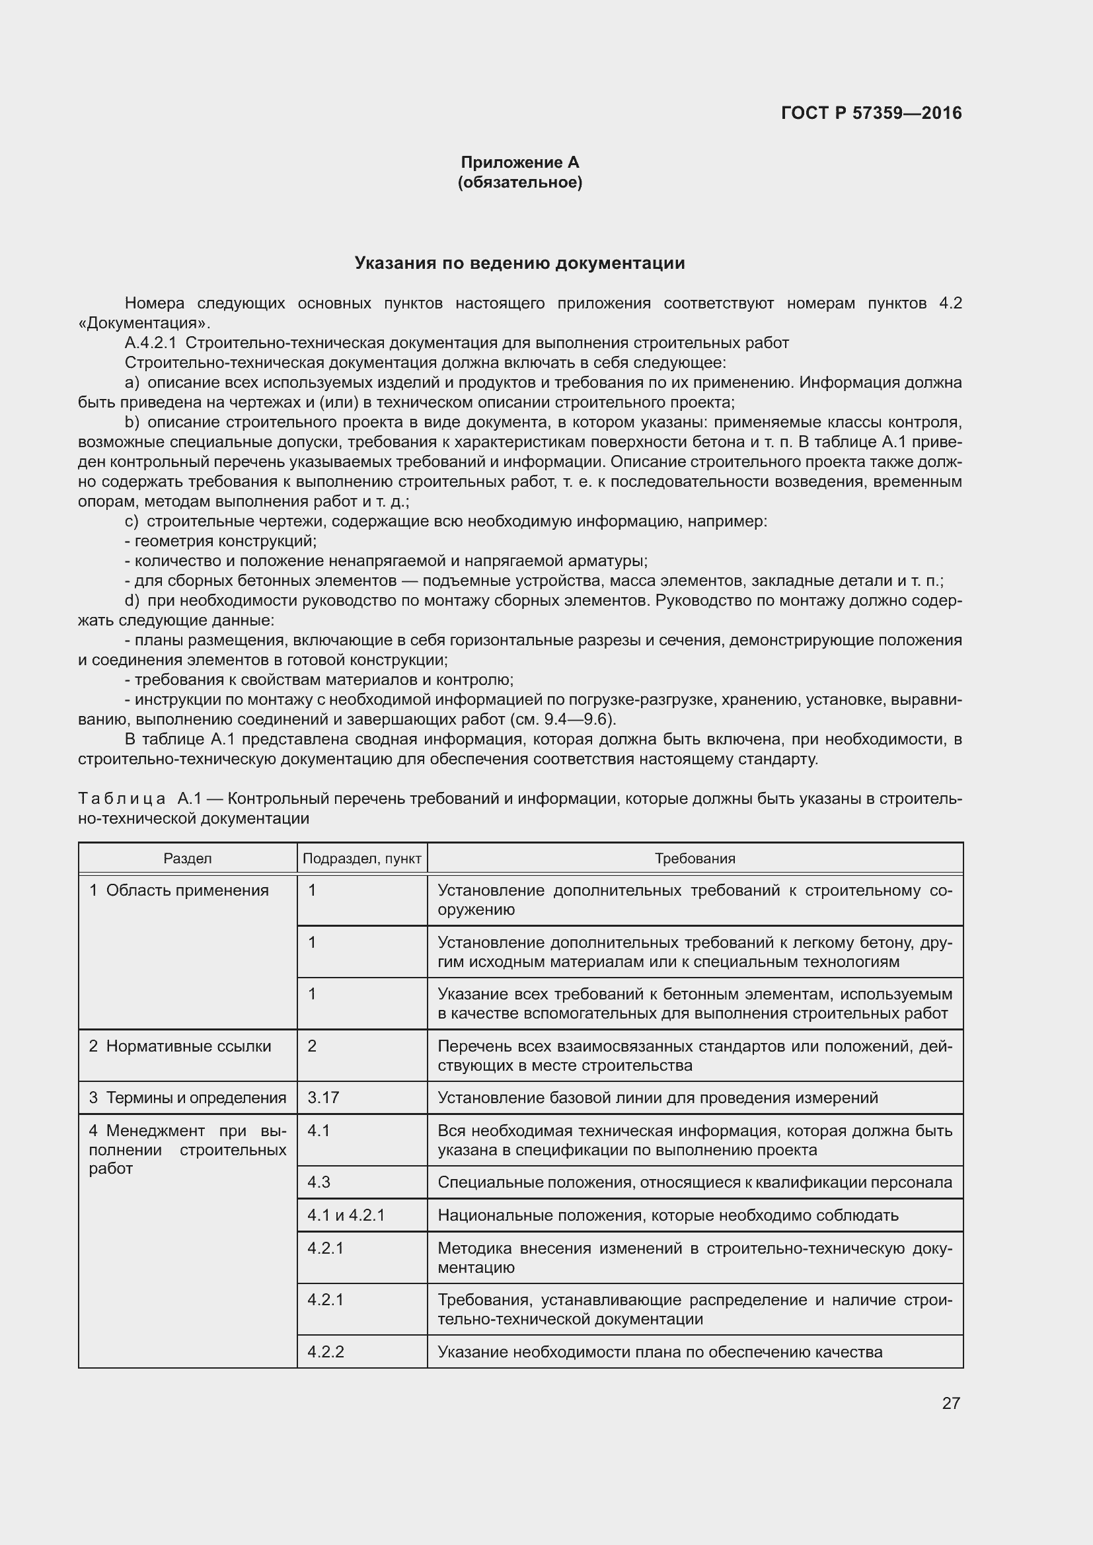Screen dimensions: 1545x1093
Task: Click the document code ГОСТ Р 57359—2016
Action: click(871, 113)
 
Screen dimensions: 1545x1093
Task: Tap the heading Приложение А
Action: click(519, 162)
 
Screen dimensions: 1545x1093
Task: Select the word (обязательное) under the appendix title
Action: click(519, 182)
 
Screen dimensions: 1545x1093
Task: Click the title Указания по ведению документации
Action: click(519, 263)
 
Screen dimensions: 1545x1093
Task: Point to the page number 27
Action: click(950, 1403)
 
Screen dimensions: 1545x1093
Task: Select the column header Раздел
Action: click(187, 859)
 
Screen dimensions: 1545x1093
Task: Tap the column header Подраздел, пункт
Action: click(362, 859)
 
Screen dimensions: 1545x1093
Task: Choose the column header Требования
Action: click(695, 859)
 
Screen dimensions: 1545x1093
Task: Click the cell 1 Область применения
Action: click(179, 891)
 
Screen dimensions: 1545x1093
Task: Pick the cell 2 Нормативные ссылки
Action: click(180, 1046)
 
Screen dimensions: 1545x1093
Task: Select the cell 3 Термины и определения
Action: click(187, 1098)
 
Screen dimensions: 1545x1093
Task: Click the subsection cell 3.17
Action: click(323, 1098)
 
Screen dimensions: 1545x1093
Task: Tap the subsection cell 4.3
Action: click(319, 1182)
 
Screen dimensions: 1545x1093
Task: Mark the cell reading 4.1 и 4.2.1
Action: click(346, 1215)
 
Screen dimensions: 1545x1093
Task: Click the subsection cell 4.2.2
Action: click(326, 1352)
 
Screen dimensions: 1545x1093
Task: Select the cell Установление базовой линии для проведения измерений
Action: click(658, 1098)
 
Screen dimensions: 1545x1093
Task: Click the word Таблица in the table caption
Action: click(122, 799)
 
